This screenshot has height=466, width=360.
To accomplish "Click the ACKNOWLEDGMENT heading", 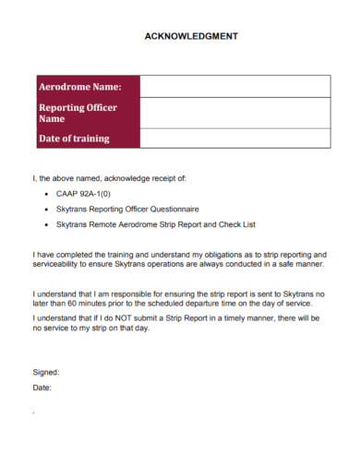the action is pyautogui.click(x=191, y=36).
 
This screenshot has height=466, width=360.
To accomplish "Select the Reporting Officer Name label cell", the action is pyautogui.click(x=86, y=114).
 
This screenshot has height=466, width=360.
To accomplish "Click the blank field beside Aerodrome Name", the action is pyautogui.click(x=234, y=86).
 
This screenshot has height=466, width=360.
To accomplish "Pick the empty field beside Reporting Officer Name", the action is pyautogui.click(x=234, y=114).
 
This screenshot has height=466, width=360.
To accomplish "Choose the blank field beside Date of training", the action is pyautogui.click(x=234, y=138).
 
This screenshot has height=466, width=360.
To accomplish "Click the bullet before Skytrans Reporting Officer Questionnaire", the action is pyautogui.click(x=46, y=210).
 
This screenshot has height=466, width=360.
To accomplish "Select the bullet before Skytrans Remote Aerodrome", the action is pyautogui.click(x=46, y=225).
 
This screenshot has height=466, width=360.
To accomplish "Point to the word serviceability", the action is pyautogui.click(x=58, y=265).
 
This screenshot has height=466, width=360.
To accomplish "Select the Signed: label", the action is pyautogui.click(x=46, y=372).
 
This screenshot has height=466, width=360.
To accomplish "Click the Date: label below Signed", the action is pyautogui.click(x=42, y=388).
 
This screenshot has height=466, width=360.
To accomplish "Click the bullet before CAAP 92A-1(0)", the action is pyautogui.click(x=46, y=196).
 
